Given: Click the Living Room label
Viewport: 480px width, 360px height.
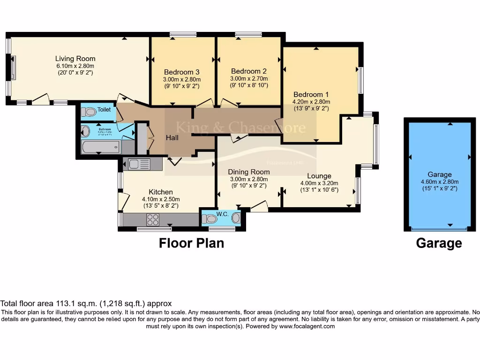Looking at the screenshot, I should (x=75, y=59).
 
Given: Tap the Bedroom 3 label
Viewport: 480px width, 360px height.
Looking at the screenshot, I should (x=181, y=72).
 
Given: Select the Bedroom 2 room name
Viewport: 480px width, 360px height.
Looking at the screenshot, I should (x=248, y=71).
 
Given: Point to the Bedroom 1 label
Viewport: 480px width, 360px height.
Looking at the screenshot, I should (x=311, y=94).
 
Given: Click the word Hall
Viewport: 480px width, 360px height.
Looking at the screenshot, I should (x=172, y=138).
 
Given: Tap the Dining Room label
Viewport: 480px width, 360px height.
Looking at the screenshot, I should (x=248, y=172).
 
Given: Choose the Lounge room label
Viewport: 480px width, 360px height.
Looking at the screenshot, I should (x=319, y=176).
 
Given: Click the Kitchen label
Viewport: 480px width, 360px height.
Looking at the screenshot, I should (x=160, y=192).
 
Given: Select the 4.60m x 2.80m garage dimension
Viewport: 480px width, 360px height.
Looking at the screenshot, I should (x=439, y=182).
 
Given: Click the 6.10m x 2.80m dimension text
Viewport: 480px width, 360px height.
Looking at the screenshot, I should (x=75, y=66).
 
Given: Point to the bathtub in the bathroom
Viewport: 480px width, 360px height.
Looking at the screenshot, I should (x=100, y=148).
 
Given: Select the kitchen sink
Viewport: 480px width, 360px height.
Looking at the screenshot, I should (x=139, y=164).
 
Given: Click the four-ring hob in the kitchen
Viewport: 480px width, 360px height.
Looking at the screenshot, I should (x=153, y=219).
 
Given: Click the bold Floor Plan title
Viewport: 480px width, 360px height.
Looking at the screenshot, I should (x=191, y=243).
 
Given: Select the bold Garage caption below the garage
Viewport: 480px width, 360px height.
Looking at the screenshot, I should (x=439, y=243).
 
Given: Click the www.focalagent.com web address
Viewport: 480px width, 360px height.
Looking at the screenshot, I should (x=307, y=326).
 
